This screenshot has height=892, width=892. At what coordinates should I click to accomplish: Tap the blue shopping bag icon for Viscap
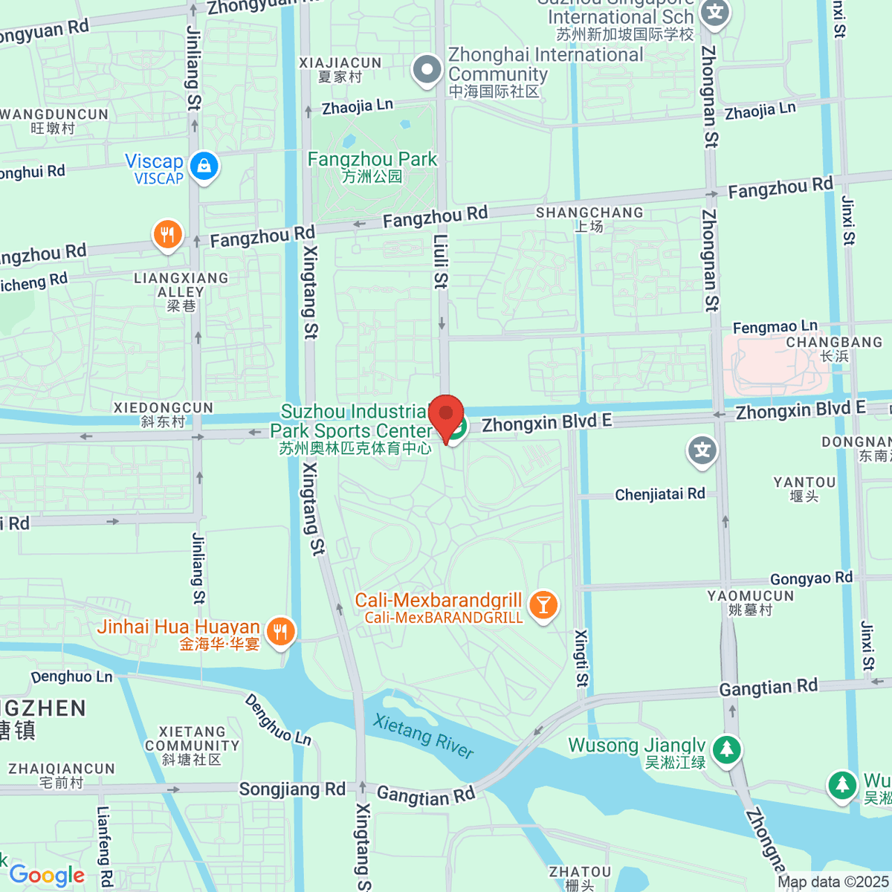coord(204,166)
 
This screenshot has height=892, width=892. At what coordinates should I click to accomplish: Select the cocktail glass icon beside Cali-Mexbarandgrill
coord(543,605)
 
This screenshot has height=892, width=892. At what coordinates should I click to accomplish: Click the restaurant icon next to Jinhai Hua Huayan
coord(280,632)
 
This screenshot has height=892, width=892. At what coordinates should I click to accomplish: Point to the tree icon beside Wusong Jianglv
coord(726,749)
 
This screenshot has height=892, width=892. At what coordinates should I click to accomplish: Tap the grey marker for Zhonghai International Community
coord(427,70)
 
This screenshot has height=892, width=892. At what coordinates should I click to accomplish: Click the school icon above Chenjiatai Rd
coord(702,450)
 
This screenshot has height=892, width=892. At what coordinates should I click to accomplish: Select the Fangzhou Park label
coord(372,167)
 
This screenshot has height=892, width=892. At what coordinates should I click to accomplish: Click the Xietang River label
coord(423,736)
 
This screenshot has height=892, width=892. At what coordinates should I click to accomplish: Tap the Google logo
coord(47,875)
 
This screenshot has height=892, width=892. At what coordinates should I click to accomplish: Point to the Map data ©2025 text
coord(833,882)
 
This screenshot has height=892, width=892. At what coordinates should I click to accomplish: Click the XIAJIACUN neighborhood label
coord(340,70)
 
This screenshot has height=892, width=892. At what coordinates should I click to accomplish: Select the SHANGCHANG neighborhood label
coord(589,219)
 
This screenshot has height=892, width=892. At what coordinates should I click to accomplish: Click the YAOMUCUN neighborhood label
coord(751,603)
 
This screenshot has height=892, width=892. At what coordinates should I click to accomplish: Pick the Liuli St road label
coord(441,261)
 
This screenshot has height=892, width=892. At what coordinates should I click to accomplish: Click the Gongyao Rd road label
coord(811,578)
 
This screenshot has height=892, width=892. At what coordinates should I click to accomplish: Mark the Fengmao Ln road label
coord(775,326)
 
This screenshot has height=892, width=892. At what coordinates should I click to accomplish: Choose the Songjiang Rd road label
coord(292,789)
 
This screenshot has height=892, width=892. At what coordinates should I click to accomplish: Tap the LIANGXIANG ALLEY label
coord(181,291)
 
